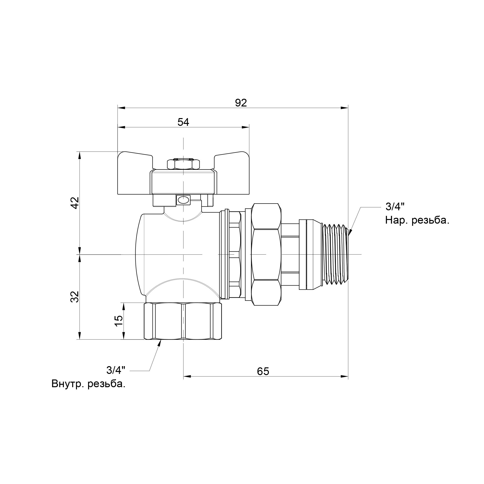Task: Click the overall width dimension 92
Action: tap(241, 103)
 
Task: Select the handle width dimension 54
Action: tap(183, 122)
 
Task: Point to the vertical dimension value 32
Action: tap(75, 297)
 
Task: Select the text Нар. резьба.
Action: tap(417, 220)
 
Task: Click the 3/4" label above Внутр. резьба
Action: tap(116, 370)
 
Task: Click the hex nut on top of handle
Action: tap(183, 164)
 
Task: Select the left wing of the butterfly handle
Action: tap(134, 173)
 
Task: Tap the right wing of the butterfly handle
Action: tap(233, 173)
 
